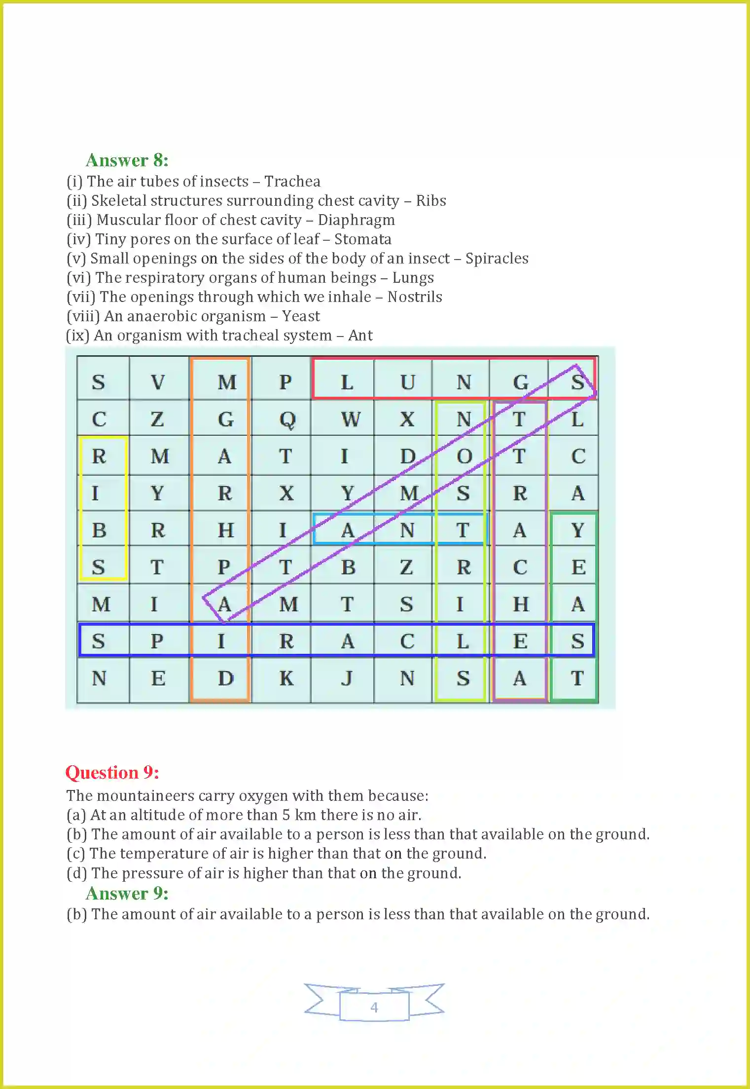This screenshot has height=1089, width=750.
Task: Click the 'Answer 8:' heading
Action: point(127,160)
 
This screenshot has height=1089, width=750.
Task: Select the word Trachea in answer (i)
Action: point(292,182)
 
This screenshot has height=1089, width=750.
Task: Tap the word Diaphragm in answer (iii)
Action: point(356,220)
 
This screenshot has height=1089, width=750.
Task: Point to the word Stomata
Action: point(362,239)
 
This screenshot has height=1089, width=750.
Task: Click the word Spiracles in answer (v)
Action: point(497,259)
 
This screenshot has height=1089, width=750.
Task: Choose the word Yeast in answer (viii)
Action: point(301,316)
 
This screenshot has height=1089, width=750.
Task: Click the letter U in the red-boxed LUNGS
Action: point(407,382)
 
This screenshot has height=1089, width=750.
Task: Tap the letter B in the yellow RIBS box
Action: point(99,530)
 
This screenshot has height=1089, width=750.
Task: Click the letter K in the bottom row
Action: point(286,678)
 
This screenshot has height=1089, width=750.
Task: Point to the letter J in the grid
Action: point(347,678)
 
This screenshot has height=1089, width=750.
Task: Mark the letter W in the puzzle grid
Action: point(350,419)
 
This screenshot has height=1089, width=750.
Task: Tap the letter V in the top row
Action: point(158,382)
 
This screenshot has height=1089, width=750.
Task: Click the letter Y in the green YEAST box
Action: point(577,530)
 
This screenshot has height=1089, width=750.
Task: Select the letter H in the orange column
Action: point(225,530)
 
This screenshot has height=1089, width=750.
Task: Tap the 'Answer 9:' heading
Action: point(127,894)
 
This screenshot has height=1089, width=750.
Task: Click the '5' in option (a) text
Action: point(286,815)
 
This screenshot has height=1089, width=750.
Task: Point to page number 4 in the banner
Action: point(374,1007)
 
